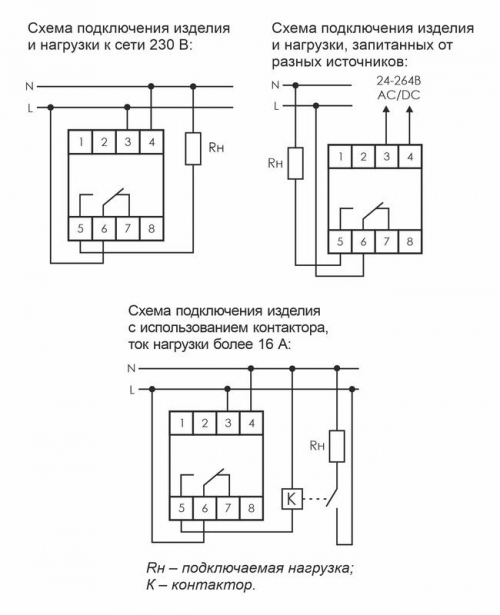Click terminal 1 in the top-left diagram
point(80,142)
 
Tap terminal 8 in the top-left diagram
point(150,228)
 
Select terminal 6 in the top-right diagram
point(365,241)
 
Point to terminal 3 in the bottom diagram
point(227,424)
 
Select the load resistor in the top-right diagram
point(295,164)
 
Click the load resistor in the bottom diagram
point(339,445)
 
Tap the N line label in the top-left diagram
point(29,88)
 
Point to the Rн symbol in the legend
point(155,567)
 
